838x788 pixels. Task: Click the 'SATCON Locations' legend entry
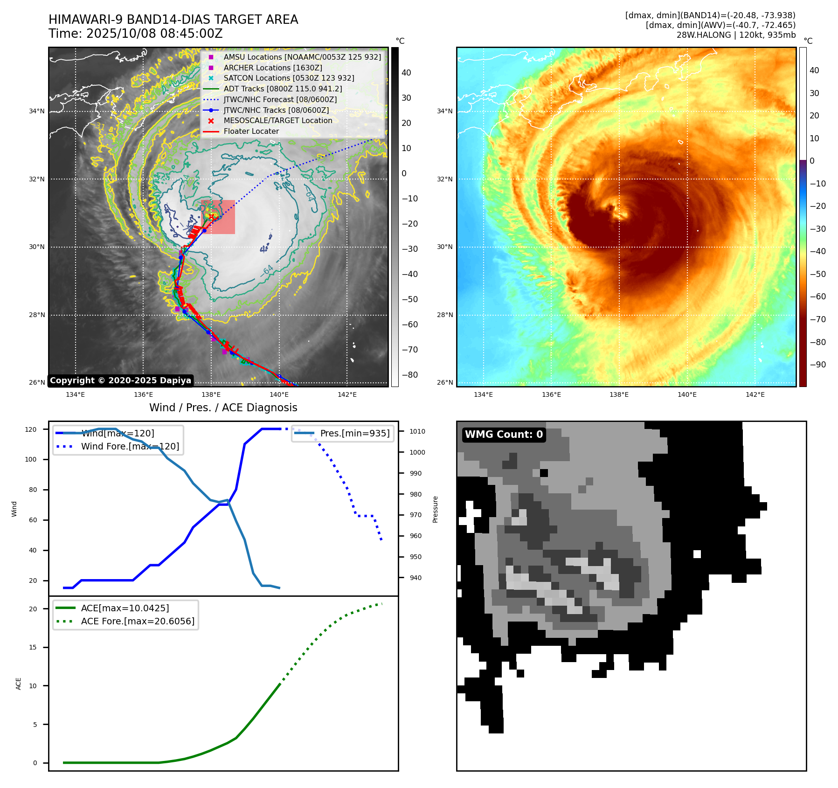(x=289, y=78)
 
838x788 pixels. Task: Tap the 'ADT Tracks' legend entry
(x=283, y=89)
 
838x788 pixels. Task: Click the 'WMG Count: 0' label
(x=504, y=434)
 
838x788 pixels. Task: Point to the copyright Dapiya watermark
(x=120, y=380)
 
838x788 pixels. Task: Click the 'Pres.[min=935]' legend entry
(x=354, y=433)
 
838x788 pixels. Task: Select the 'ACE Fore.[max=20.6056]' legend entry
(x=138, y=621)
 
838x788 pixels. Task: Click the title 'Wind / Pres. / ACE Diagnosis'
(x=223, y=408)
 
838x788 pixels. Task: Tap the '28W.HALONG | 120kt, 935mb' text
(x=736, y=35)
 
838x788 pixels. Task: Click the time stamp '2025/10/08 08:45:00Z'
(x=154, y=34)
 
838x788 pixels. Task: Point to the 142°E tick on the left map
(x=347, y=395)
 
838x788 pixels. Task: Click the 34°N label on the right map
(x=444, y=111)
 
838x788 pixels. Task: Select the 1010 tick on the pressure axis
(x=417, y=431)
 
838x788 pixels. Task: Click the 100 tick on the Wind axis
(x=30, y=459)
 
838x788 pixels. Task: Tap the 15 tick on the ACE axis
(x=33, y=647)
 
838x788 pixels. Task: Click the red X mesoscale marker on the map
(x=211, y=217)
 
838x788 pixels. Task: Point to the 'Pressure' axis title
(x=435, y=509)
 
